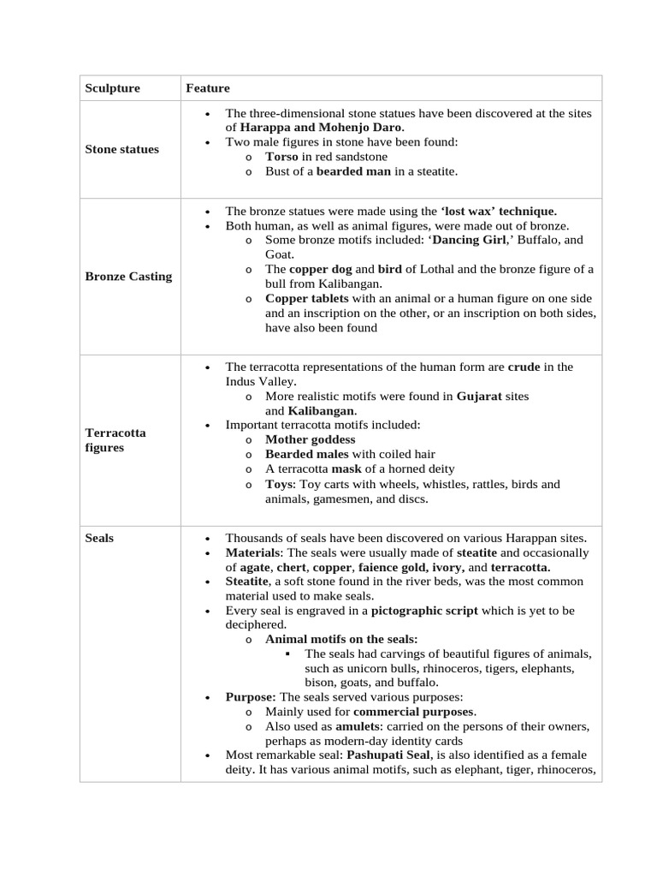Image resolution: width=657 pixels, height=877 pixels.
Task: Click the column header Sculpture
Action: (112, 88)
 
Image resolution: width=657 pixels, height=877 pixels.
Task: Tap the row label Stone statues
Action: (121, 149)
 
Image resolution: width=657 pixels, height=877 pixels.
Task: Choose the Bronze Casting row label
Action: (128, 276)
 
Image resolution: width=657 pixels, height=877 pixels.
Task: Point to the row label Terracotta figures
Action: (115, 440)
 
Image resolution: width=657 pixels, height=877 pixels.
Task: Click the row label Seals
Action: (99, 538)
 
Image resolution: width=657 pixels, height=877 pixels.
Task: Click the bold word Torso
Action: (281, 157)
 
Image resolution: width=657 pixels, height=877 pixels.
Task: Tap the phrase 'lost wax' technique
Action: (499, 211)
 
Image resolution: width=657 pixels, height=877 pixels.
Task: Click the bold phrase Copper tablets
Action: (306, 298)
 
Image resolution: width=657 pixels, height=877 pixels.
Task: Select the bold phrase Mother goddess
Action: (310, 439)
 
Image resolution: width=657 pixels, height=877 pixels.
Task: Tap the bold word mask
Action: (346, 468)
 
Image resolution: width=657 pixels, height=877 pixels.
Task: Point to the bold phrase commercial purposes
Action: (413, 712)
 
